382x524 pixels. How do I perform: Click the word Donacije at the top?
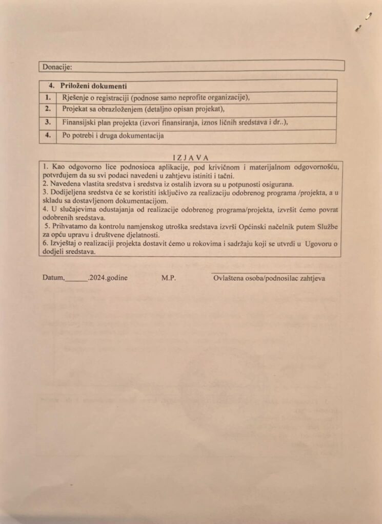57,67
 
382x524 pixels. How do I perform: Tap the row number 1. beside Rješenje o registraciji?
48,97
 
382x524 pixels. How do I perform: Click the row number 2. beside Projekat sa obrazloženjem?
48,109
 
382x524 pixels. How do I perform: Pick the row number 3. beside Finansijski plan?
48,123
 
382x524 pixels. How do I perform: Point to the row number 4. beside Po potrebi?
48,136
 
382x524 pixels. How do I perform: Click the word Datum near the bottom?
53,278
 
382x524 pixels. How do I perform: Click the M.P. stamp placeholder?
169,278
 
